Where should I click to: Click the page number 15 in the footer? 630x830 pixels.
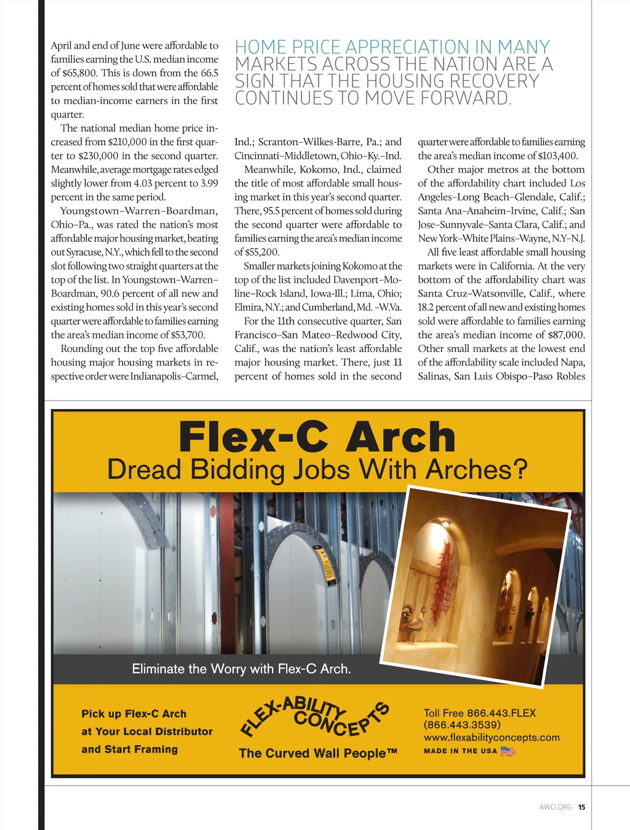point(581,807)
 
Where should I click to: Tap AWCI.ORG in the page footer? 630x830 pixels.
point(555,807)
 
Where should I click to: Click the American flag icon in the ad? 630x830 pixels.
point(508,751)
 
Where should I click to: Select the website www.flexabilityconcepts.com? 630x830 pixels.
point(492,737)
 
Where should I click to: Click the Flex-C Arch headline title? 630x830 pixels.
point(317,437)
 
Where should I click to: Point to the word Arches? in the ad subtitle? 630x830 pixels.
point(477,470)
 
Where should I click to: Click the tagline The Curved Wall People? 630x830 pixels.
point(317,753)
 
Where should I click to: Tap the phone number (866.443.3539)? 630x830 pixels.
point(462,725)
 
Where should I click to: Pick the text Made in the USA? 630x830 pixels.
point(460,751)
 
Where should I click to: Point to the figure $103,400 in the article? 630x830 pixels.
point(557,156)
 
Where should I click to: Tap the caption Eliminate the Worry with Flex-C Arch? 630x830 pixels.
point(241,669)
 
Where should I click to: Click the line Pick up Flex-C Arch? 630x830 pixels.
point(134,714)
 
